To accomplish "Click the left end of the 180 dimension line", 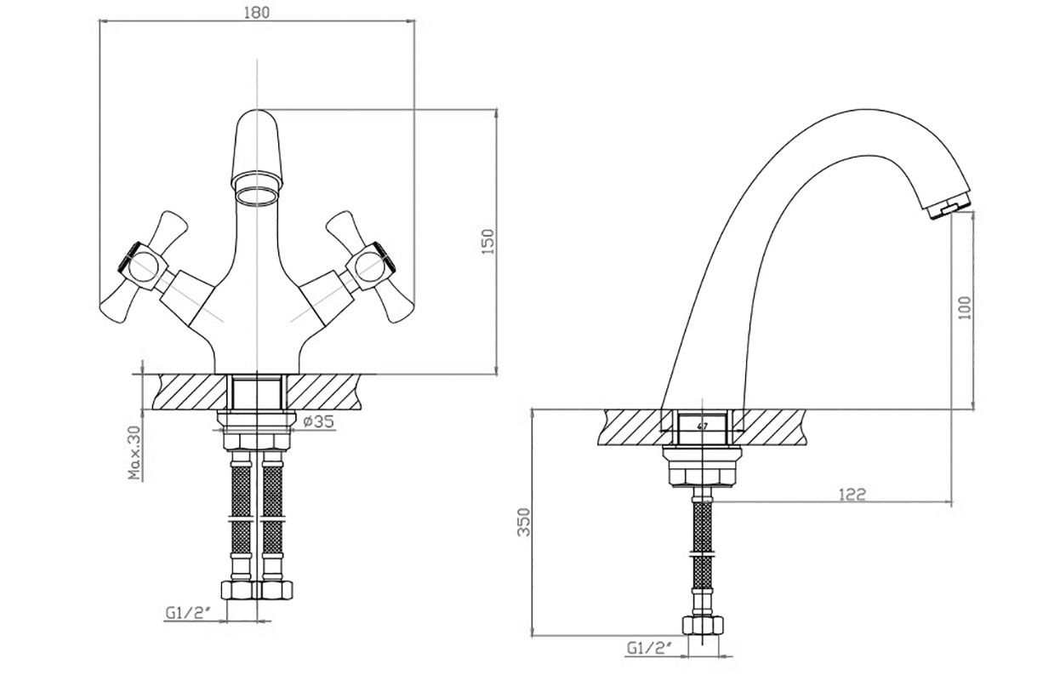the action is [99, 20].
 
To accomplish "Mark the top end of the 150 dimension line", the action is [496, 110].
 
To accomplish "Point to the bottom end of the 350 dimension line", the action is [533, 636].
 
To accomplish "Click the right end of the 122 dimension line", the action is [952, 501].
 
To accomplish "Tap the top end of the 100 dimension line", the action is [973, 212].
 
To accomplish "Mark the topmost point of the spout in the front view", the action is [256, 110].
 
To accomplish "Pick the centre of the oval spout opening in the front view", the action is [256, 196].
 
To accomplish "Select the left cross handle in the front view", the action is [145, 267].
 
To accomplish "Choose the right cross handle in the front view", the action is [370, 267].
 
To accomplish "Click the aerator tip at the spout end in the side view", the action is [949, 209].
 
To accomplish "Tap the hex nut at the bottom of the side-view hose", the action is [704, 626].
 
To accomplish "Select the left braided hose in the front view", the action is [241, 516].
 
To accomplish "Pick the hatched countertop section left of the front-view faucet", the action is [189, 392].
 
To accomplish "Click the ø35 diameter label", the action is [318, 421].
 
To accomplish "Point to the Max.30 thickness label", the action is [135, 453].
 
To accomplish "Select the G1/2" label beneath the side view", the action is [650, 648].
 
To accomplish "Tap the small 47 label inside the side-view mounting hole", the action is [703, 426].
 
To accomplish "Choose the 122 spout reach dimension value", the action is [852, 495].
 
